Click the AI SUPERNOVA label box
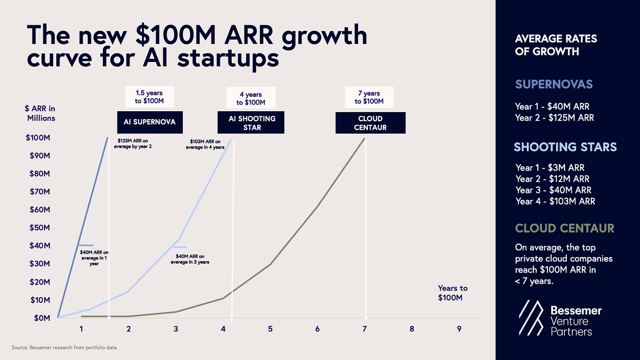(x=150, y=122)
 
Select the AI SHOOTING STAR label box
(x=251, y=123)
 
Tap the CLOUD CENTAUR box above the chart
(x=370, y=123)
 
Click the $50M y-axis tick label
(x=40, y=228)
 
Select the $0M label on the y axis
(x=41, y=318)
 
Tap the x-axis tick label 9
(x=459, y=329)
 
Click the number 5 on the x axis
(x=270, y=329)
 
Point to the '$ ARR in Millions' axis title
(x=41, y=113)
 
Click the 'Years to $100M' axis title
(x=452, y=293)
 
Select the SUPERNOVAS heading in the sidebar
(x=554, y=84)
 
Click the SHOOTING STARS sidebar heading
(x=565, y=146)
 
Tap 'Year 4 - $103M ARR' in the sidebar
(x=556, y=201)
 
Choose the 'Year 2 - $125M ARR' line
(x=555, y=118)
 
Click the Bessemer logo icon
(x=531, y=319)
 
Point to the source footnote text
(x=64, y=348)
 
